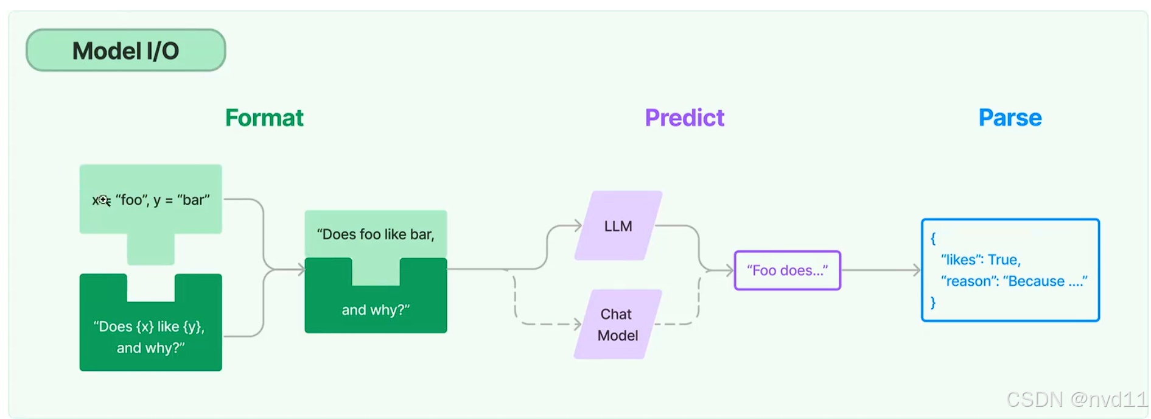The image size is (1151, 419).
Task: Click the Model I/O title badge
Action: [x=125, y=51]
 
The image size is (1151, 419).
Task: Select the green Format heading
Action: [x=264, y=118]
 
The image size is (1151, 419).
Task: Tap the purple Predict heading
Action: [x=684, y=118]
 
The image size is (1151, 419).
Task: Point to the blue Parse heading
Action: [x=1010, y=118]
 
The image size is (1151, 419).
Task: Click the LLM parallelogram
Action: [x=618, y=226]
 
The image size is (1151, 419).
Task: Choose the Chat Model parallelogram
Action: [x=617, y=325]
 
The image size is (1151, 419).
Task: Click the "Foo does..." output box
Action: [x=787, y=270]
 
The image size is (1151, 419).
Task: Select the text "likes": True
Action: [x=981, y=260]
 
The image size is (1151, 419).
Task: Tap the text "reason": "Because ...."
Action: [x=1013, y=281]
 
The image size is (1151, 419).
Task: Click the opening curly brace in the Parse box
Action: [x=933, y=238]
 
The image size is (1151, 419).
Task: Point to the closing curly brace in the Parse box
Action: [x=933, y=303]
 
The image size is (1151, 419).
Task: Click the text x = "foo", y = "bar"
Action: [x=151, y=200]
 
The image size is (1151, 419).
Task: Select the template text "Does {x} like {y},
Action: [x=149, y=327]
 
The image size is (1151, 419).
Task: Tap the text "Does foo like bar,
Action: [x=376, y=234]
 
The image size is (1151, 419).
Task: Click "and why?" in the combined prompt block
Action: [x=376, y=310]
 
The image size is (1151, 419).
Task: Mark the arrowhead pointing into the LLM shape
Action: [x=578, y=226]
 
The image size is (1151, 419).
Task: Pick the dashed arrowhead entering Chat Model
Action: [x=578, y=325]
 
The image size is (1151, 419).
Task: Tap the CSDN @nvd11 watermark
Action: [x=1076, y=400]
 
